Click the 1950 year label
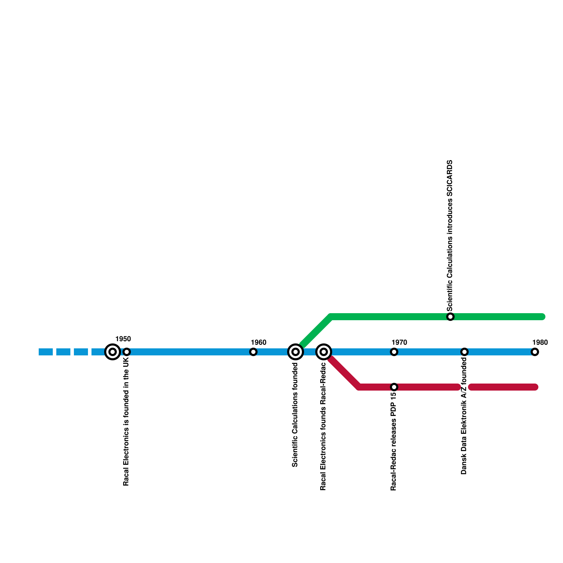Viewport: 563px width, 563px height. pos(123,339)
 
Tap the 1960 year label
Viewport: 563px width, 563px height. pos(258,343)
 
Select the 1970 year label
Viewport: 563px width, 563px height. pos(399,343)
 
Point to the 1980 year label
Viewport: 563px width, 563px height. pos(540,343)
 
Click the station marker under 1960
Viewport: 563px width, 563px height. pos(253,352)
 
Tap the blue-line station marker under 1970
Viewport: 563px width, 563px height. pos(394,352)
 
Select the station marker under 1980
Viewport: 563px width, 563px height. pos(535,352)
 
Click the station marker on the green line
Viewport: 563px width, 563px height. pos(450,317)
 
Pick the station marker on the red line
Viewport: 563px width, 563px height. pos(394,387)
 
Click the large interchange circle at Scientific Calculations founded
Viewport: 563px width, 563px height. pos(296,352)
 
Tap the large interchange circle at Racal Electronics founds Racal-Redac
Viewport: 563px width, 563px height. pos(324,352)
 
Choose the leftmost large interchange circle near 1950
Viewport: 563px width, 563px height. pos(113,352)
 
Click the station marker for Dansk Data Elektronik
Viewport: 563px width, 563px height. pos(464,352)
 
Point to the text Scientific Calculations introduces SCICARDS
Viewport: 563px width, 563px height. pos(450,236)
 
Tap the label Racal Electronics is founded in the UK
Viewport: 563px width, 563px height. pos(126,422)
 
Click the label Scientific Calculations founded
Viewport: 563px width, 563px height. pos(295,415)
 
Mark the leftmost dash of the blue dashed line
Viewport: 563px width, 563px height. pos(46,352)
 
